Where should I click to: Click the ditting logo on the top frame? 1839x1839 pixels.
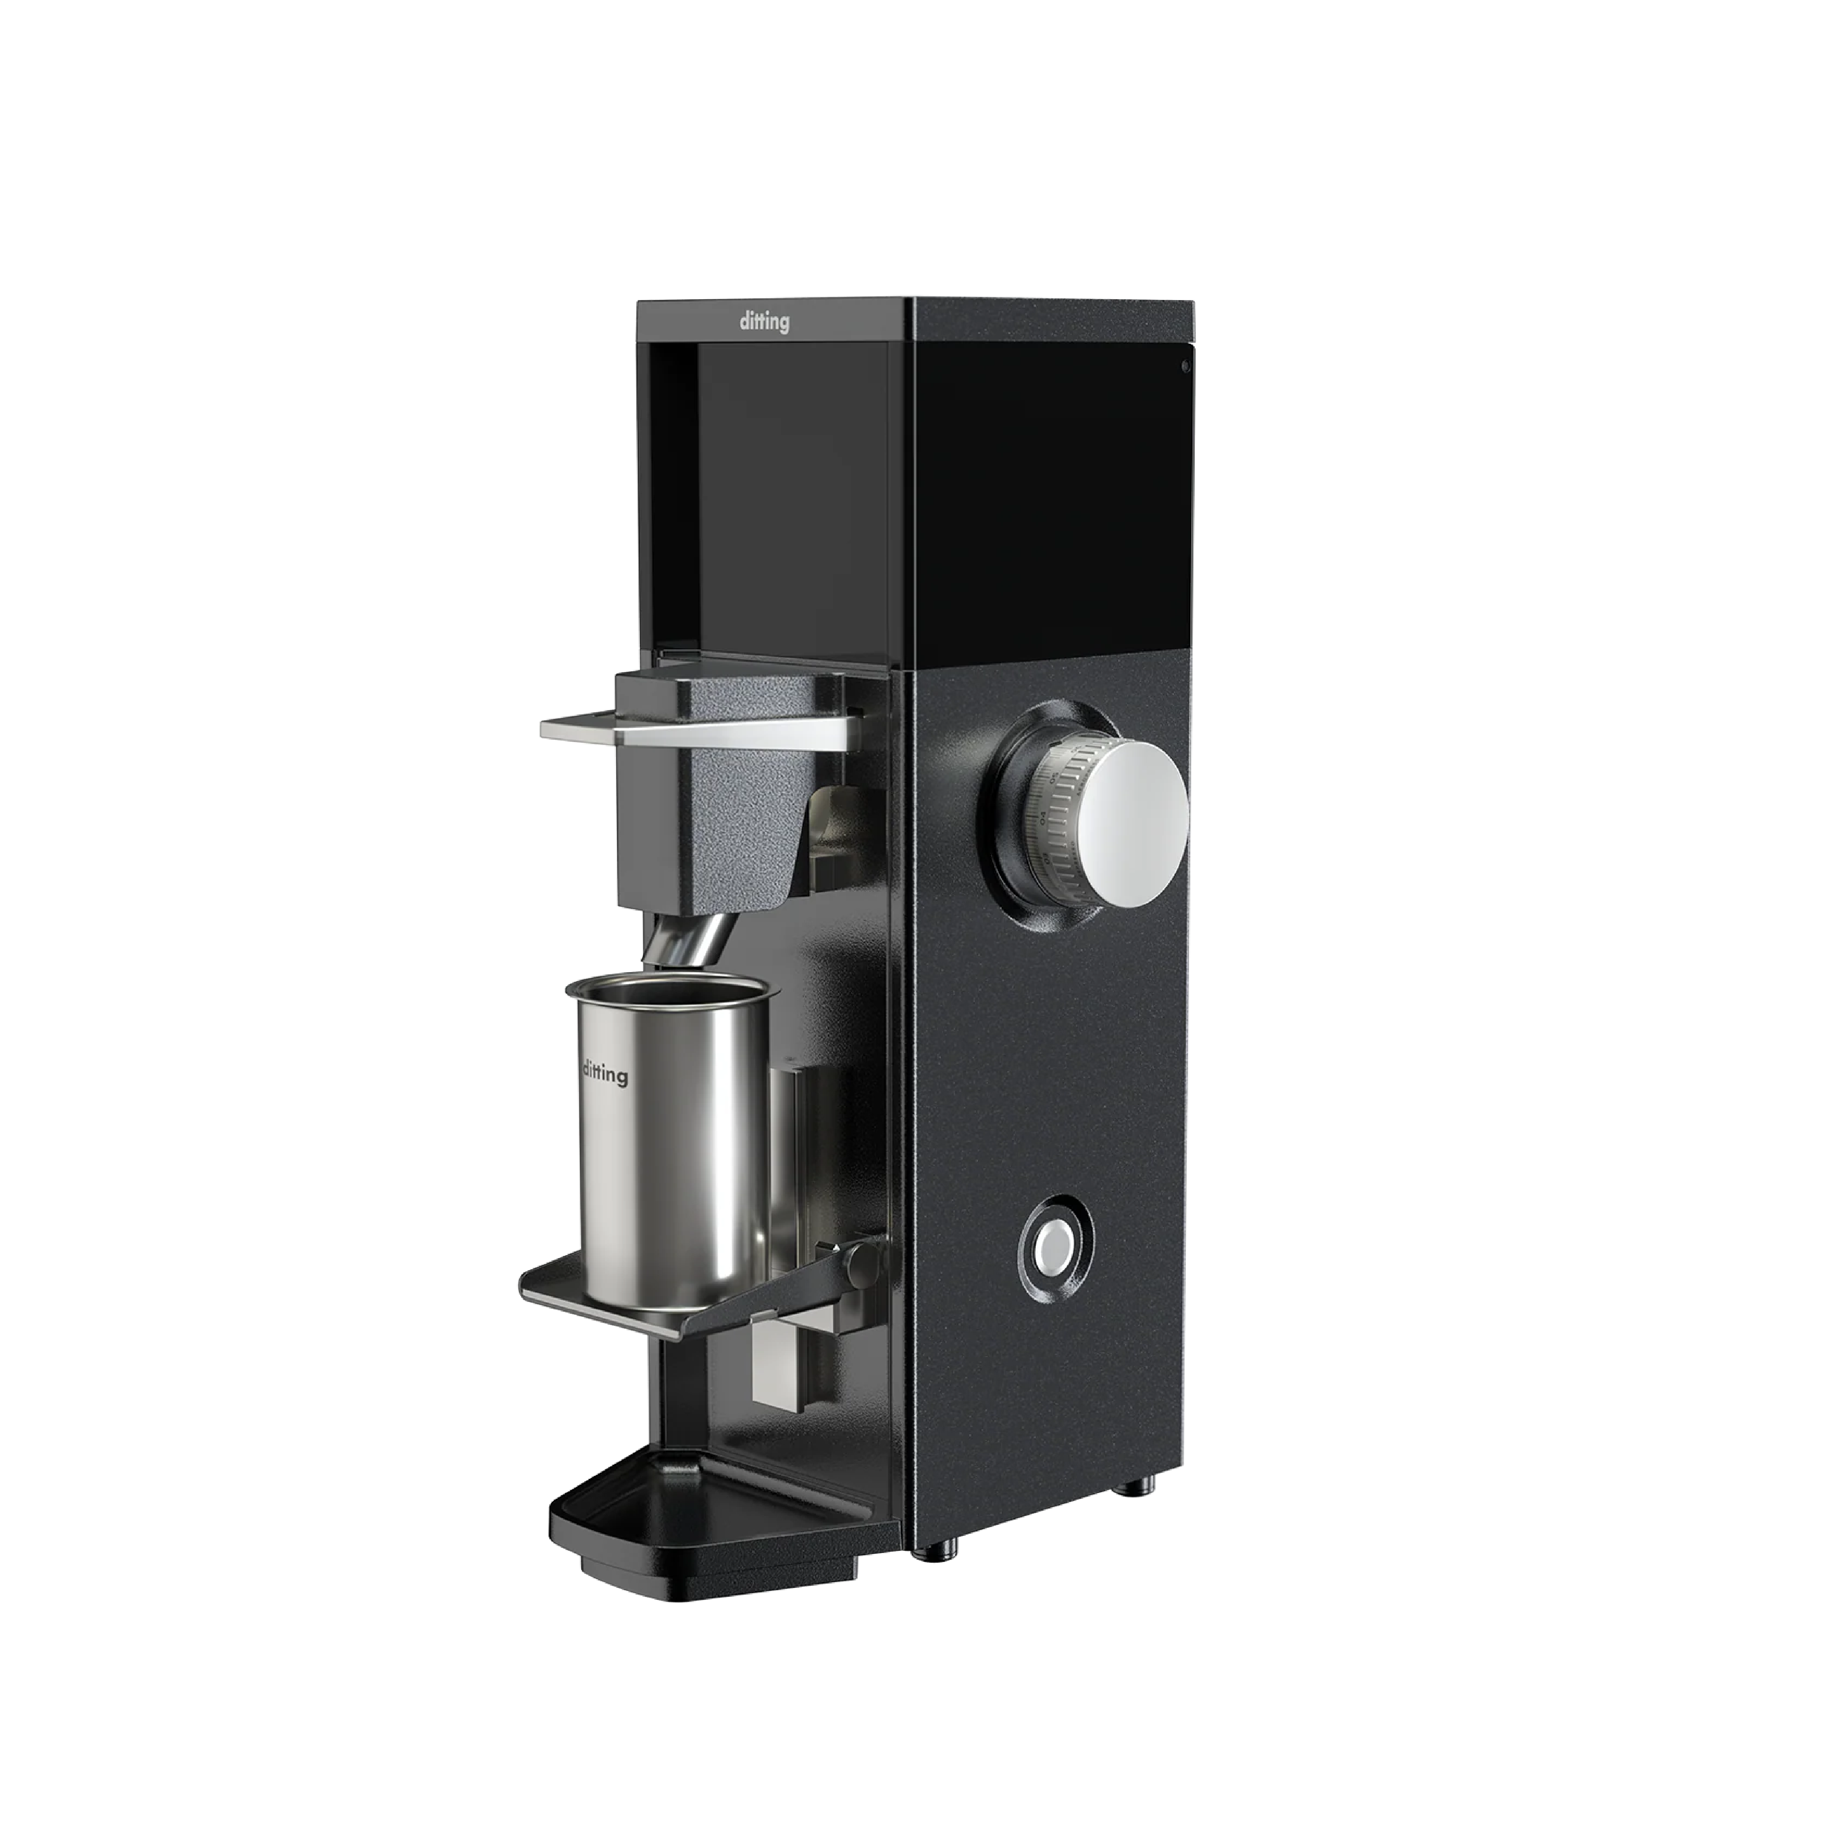(x=764, y=323)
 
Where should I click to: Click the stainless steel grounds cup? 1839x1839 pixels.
(x=666, y=1142)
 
